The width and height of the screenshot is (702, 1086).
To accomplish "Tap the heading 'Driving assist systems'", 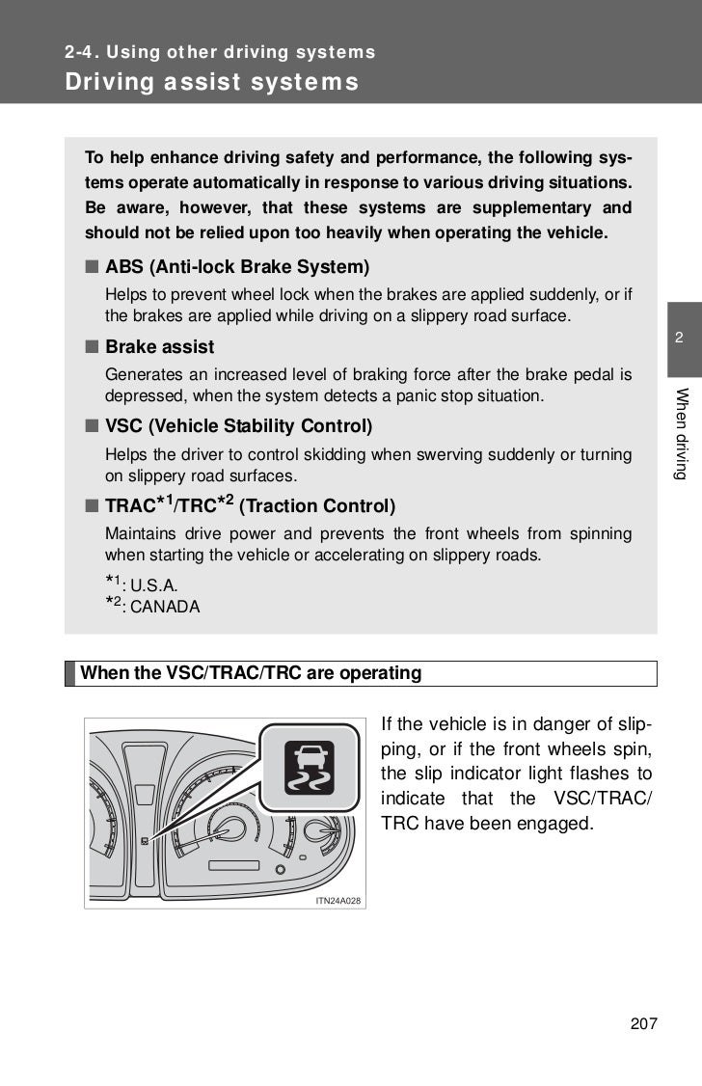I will (212, 82).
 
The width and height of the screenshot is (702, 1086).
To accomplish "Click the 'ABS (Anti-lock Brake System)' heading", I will (237, 266).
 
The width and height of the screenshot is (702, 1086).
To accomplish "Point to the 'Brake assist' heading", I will (159, 346).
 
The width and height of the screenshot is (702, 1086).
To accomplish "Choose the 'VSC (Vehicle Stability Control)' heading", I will (238, 425).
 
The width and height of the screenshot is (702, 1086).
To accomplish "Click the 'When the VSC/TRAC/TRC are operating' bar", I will (251, 673).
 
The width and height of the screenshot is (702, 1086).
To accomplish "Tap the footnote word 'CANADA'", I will (165, 609).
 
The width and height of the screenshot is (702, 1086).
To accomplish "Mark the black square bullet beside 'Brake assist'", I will (91, 346).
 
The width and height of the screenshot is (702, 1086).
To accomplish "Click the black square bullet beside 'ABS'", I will (91, 266).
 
